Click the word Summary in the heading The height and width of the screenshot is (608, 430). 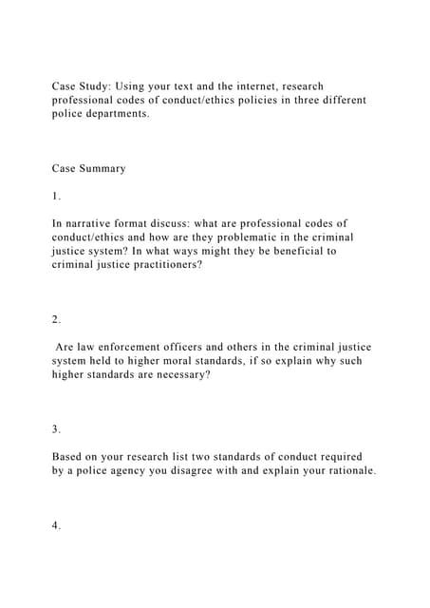104,168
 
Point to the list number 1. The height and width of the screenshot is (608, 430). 56,196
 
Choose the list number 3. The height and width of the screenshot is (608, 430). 56,429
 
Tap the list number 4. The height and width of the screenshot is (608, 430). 56,553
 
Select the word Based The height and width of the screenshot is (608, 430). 69,457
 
